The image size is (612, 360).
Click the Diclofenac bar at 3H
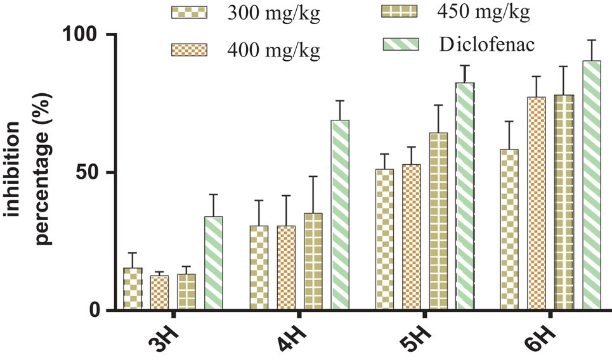pyautogui.click(x=214, y=263)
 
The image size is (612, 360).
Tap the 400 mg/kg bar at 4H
pyautogui.click(x=286, y=267)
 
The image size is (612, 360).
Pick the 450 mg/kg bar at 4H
pyautogui.click(x=313, y=261)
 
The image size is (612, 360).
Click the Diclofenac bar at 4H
pyautogui.click(x=341, y=215)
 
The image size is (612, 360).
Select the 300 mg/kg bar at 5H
pyautogui.click(x=384, y=240)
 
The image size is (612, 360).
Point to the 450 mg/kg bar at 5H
pyautogui.click(x=438, y=221)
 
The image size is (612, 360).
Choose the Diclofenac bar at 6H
pyautogui.click(x=591, y=185)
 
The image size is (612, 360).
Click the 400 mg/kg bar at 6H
pyautogui.click(x=537, y=203)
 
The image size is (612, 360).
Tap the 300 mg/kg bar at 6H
pyautogui.click(x=509, y=229)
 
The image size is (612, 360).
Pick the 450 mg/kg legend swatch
pyautogui.click(x=400, y=12)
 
